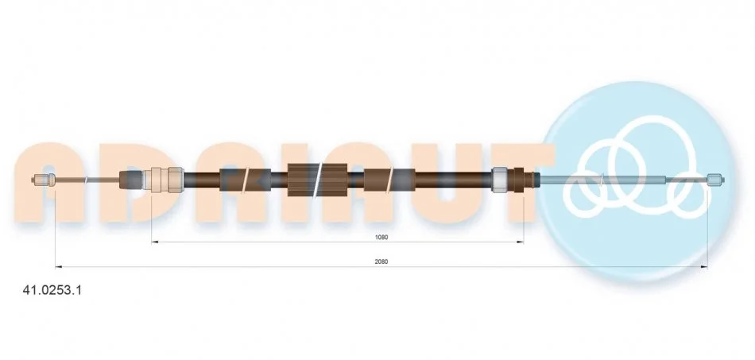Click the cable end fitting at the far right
(715, 180)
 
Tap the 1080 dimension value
(381, 237)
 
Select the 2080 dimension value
(381, 261)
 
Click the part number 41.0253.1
(52, 290)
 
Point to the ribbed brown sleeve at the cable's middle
(317, 180)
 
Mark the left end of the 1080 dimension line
(151, 242)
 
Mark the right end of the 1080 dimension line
(524, 242)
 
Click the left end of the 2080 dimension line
(56, 266)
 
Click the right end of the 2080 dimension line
(707, 266)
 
